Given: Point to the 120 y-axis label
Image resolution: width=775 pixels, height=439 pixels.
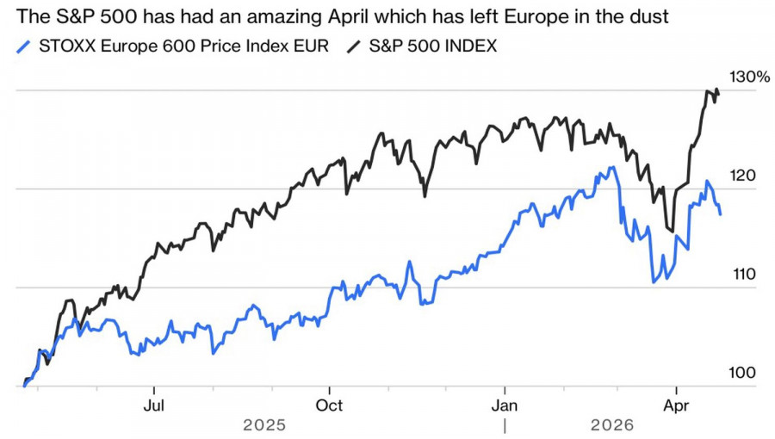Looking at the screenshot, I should pyautogui.click(x=743, y=176).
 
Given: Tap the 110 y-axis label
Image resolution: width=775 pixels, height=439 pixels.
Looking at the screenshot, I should pyautogui.click(x=743, y=275).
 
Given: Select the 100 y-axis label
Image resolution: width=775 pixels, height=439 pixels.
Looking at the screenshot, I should pyautogui.click(x=743, y=373).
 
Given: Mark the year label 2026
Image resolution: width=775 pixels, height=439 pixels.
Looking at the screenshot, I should pyautogui.click(x=612, y=425).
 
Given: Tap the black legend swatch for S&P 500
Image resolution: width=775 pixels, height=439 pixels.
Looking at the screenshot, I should pyautogui.click(x=354, y=46).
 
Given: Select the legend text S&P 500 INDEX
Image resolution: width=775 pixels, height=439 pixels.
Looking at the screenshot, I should pyautogui.click(x=432, y=46).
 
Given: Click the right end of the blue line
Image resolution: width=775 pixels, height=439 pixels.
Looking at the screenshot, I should pyautogui.click(x=721, y=213).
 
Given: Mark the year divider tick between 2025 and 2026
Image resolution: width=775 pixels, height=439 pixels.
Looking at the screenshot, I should pyautogui.click(x=505, y=425).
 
